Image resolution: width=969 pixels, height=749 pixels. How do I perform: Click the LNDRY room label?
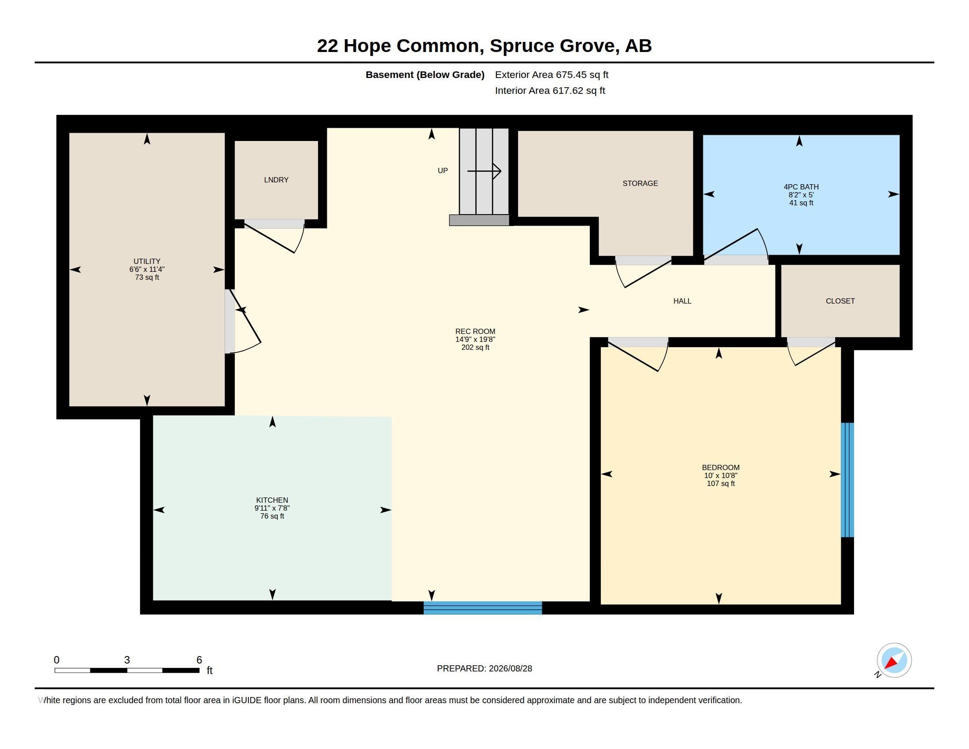coord(276,180)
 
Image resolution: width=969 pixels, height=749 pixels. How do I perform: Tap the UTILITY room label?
coord(147,261)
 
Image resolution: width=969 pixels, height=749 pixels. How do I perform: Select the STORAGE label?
coord(640,183)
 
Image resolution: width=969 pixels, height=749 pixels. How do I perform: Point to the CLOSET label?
coord(840,301)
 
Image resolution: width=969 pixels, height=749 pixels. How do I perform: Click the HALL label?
coord(682,301)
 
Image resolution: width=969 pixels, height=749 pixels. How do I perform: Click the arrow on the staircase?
coord(484,171)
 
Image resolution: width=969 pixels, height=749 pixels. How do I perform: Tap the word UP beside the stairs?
coord(442,171)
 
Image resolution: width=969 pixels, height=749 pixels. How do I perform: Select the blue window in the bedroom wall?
coord(847,480)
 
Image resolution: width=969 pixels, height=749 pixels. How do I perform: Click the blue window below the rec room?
coord(483,608)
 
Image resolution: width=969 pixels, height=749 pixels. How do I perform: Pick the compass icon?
coord(894,660)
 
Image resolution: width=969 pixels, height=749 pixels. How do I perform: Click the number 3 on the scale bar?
coord(127,660)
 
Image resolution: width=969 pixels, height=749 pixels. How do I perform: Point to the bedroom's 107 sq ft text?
coord(721,484)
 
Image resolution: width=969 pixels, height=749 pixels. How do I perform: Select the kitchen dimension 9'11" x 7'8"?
coord(272,508)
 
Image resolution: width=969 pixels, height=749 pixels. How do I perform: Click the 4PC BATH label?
coord(801,187)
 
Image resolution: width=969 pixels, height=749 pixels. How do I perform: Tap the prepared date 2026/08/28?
coord(510,668)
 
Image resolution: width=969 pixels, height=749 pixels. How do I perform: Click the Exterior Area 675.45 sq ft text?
coord(551,74)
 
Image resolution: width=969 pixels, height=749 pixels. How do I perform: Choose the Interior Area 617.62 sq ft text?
coord(550,90)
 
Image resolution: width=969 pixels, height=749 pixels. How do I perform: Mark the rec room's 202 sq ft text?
coord(475,348)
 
